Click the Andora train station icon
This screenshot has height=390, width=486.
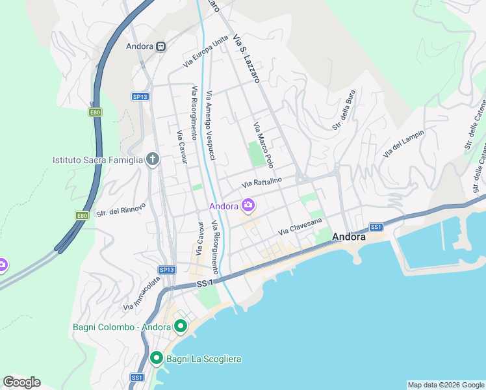(x=160, y=46)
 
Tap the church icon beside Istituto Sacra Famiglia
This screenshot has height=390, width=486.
(x=153, y=159)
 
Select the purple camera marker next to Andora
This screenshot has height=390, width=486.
(x=248, y=206)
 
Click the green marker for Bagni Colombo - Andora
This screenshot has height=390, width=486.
(x=181, y=326)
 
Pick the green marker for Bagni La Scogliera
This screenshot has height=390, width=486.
(x=156, y=358)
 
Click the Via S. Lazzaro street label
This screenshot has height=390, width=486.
(x=246, y=58)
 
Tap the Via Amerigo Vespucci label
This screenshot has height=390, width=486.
(x=211, y=118)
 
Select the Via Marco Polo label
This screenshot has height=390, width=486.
(x=263, y=144)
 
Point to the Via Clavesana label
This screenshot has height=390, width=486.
(x=300, y=227)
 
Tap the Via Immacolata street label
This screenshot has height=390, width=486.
(x=142, y=293)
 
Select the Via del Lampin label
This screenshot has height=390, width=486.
(x=403, y=144)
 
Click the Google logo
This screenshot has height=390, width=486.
(x=21, y=382)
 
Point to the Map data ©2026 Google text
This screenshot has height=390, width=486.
(x=445, y=385)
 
